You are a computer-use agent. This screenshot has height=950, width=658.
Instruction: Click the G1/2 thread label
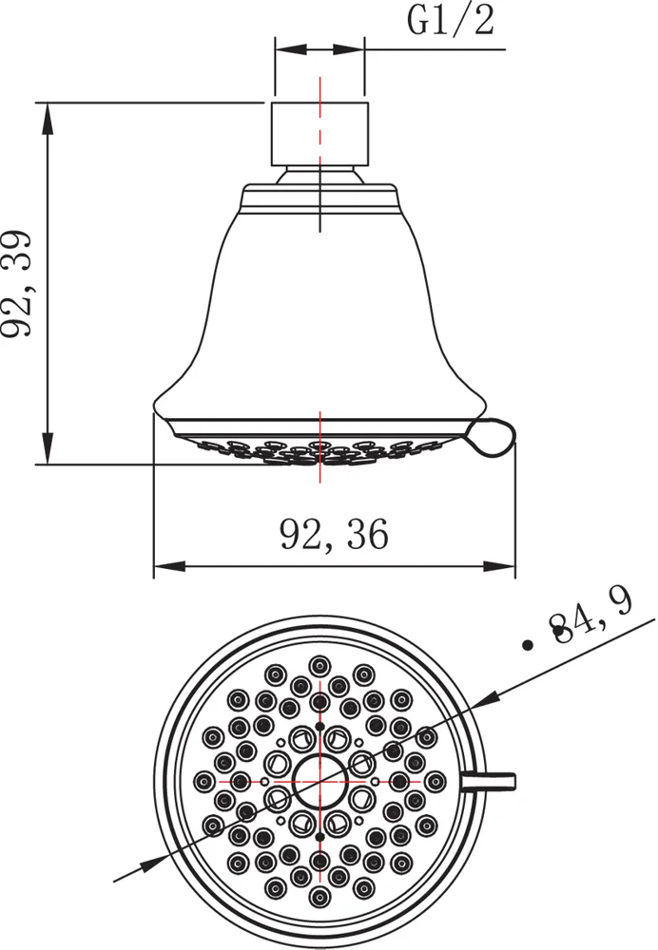coord(450,21)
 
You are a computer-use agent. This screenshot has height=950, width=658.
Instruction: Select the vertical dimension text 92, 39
coord(22,282)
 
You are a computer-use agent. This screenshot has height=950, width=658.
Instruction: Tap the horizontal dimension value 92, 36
coord(334,536)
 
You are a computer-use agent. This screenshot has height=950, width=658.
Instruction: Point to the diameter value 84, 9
coord(590,626)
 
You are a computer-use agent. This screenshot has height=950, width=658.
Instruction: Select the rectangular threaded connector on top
coord(319,132)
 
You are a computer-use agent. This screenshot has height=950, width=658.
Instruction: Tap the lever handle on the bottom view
coord(490,781)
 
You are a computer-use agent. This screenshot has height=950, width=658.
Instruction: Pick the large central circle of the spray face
coord(319,781)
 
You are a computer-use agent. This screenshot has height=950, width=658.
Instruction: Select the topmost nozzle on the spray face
coord(319,664)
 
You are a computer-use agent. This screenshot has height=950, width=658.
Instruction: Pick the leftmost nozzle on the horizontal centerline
coord(203,781)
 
